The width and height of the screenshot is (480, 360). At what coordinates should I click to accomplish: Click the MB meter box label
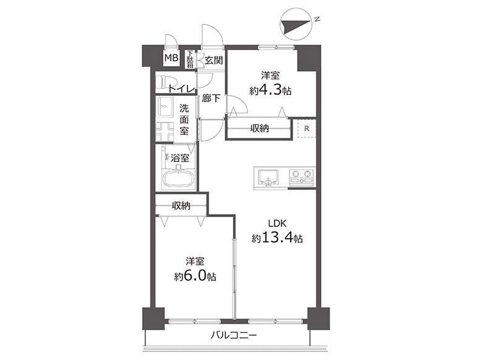tap(171, 58)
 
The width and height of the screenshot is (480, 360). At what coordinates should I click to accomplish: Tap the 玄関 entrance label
tap(213, 60)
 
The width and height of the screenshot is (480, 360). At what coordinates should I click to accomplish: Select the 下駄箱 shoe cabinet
tap(190, 59)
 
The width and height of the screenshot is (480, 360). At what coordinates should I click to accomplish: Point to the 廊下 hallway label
tap(211, 98)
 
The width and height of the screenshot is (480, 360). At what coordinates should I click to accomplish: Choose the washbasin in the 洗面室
tap(165, 107)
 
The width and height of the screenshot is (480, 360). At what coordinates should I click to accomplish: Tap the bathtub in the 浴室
tap(178, 178)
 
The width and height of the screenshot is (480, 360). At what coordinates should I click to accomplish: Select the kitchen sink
tap(268, 178)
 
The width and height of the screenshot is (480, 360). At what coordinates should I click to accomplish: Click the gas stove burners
tap(301, 178)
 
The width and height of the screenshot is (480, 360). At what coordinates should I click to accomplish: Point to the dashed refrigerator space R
tap(306, 129)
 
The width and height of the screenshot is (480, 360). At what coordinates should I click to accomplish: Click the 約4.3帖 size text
tap(270, 90)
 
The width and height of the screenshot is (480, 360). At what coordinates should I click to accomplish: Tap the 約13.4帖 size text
tap(277, 238)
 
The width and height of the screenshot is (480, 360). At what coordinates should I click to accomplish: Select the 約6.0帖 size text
tap(195, 276)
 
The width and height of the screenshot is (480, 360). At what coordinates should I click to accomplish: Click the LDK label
tap(277, 223)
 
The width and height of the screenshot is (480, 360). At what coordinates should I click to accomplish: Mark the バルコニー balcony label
tap(234, 336)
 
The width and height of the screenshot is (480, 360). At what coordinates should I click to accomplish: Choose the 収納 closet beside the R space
tap(259, 129)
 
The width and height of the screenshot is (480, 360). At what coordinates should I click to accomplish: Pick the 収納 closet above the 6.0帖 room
tap(181, 205)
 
